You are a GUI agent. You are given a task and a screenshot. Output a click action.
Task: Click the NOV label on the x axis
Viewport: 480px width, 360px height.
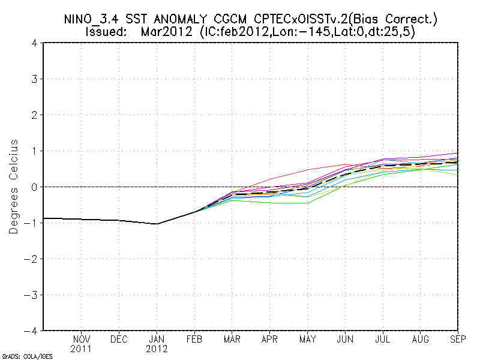pos(82,339)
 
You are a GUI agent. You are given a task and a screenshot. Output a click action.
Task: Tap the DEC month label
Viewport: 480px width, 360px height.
pos(119,339)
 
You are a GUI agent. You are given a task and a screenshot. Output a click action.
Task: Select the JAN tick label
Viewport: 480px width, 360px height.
pos(157,339)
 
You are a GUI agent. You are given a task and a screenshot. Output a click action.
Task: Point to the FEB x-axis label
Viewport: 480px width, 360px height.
pos(194,339)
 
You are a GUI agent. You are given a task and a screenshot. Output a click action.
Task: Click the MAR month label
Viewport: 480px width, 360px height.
pos(232,339)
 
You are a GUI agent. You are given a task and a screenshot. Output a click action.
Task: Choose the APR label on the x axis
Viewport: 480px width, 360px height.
pos(270,339)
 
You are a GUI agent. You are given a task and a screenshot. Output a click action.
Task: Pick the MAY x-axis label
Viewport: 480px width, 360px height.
pos(307,339)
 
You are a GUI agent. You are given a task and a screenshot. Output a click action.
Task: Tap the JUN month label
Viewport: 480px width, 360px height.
pos(345,339)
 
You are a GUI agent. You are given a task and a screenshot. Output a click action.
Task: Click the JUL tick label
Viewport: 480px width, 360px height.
pos(383,339)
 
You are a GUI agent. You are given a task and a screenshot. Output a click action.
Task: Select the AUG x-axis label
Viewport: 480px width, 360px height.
pos(421,339)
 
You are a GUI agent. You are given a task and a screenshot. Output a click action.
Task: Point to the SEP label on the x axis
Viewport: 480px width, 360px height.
pos(458,339)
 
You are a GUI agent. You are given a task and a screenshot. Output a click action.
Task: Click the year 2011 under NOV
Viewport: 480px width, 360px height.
pos(82,348)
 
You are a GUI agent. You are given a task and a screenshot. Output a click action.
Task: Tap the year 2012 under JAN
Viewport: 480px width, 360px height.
pos(157,348)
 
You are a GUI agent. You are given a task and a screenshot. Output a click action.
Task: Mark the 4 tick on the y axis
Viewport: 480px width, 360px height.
pos(35,43)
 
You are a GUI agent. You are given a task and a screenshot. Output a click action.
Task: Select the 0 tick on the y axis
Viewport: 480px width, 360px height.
pos(35,187)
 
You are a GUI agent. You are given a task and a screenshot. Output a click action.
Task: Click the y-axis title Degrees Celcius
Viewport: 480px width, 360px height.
pos(13,187)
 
